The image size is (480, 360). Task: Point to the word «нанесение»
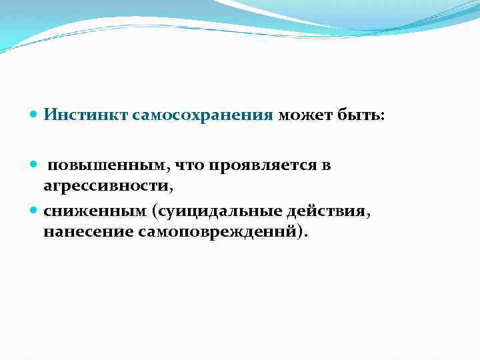(x=87, y=232)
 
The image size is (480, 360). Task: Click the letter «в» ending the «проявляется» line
(x=327, y=165)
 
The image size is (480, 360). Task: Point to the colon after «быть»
(x=381, y=117)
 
